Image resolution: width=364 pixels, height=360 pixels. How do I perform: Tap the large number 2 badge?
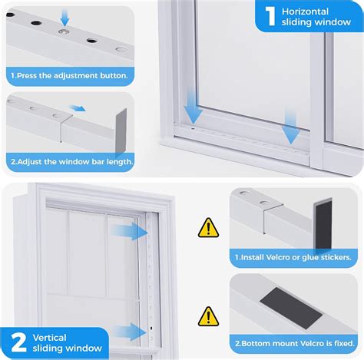(19, 339)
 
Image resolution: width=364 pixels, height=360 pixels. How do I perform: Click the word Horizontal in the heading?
(305, 12)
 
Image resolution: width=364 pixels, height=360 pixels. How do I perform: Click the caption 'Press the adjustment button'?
(68, 76)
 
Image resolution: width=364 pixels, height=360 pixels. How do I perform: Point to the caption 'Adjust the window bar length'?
(72, 161)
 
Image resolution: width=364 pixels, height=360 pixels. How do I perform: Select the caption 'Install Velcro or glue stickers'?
(294, 259)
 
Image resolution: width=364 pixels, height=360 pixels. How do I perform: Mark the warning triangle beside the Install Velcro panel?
(208, 227)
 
